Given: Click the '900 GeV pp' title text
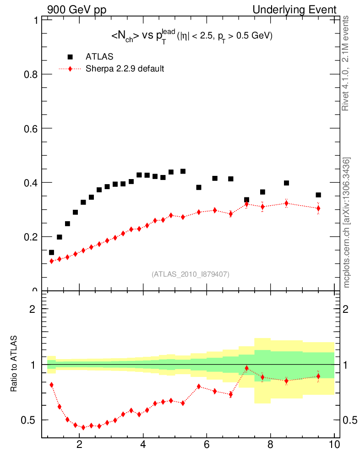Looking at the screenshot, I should (x=76, y=10).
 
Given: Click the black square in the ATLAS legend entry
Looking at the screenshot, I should (x=70, y=57).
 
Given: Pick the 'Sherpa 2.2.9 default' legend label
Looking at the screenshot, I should (x=125, y=69).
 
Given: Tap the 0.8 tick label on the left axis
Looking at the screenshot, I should (x=29, y=74).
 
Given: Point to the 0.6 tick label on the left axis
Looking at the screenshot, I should (x=29, y=128).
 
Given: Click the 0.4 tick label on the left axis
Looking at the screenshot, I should (x=29, y=182).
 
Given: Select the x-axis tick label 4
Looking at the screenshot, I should (x=143, y=444).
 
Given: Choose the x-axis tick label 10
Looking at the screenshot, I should (x=334, y=444).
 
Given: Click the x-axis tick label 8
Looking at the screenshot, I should (x=270, y=444).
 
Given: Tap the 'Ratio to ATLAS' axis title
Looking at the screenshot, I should (x=14, y=364).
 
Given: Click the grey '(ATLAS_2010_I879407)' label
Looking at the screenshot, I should (x=191, y=274).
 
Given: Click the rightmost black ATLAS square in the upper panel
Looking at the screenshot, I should (x=318, y=195).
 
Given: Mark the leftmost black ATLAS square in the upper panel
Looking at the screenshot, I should (x=51, y=252).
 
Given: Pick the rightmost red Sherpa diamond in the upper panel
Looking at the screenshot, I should (x=318, y=208).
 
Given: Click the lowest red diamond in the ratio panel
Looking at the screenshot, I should (x=83, y=427).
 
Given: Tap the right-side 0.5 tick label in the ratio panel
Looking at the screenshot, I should (x=349, y=420).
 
